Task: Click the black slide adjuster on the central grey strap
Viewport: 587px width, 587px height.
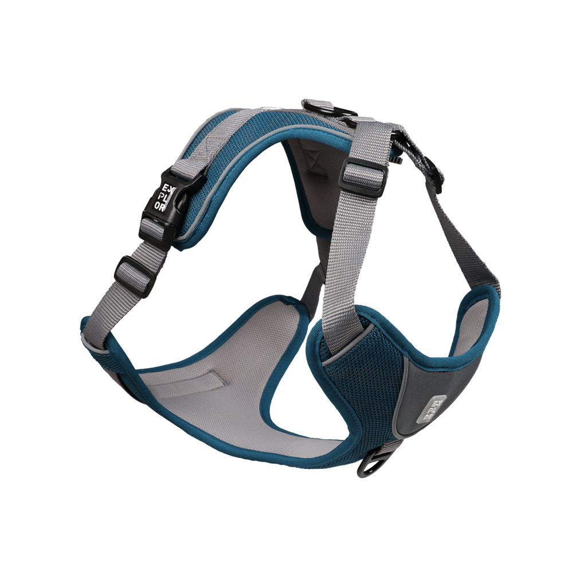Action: pyautogui.click(x=363, y=177)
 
